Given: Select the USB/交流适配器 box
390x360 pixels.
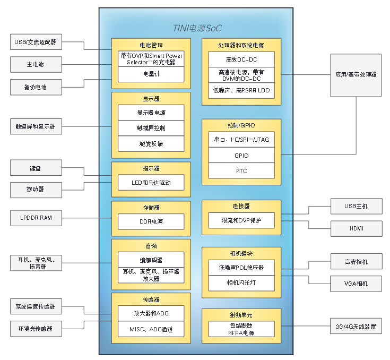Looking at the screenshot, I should tap(36, 42).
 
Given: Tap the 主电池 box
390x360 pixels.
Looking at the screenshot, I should tap(36, 65).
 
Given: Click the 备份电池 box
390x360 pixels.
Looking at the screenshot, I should tap(36, 87).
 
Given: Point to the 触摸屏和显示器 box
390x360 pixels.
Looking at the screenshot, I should tap(36, 126).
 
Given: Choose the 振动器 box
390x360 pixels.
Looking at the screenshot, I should tap(36, 189).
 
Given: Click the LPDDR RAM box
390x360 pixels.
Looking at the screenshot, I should tap(36, 218).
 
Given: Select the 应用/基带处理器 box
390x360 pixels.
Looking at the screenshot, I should tap(356, 75).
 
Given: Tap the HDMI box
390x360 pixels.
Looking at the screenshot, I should tap(356, 229).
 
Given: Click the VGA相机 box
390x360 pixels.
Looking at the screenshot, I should tap(356, 284).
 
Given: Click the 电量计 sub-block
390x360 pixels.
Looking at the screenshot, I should tap(151, 74).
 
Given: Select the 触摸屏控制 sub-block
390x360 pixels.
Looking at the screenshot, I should tap(151, 128).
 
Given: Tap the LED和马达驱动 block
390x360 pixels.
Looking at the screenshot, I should tap(151, 183).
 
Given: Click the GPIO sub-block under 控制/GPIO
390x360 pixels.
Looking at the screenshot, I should tap(241, 156).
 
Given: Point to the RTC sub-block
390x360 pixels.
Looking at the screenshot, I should tap(241, 171).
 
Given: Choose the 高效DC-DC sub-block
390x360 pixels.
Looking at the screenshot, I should tap(241, 59).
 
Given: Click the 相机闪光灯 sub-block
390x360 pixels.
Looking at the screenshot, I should tap(241, 283).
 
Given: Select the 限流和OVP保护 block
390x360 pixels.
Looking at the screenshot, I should tap(241, 220).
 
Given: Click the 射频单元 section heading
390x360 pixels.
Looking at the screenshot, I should tap(241, 315).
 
